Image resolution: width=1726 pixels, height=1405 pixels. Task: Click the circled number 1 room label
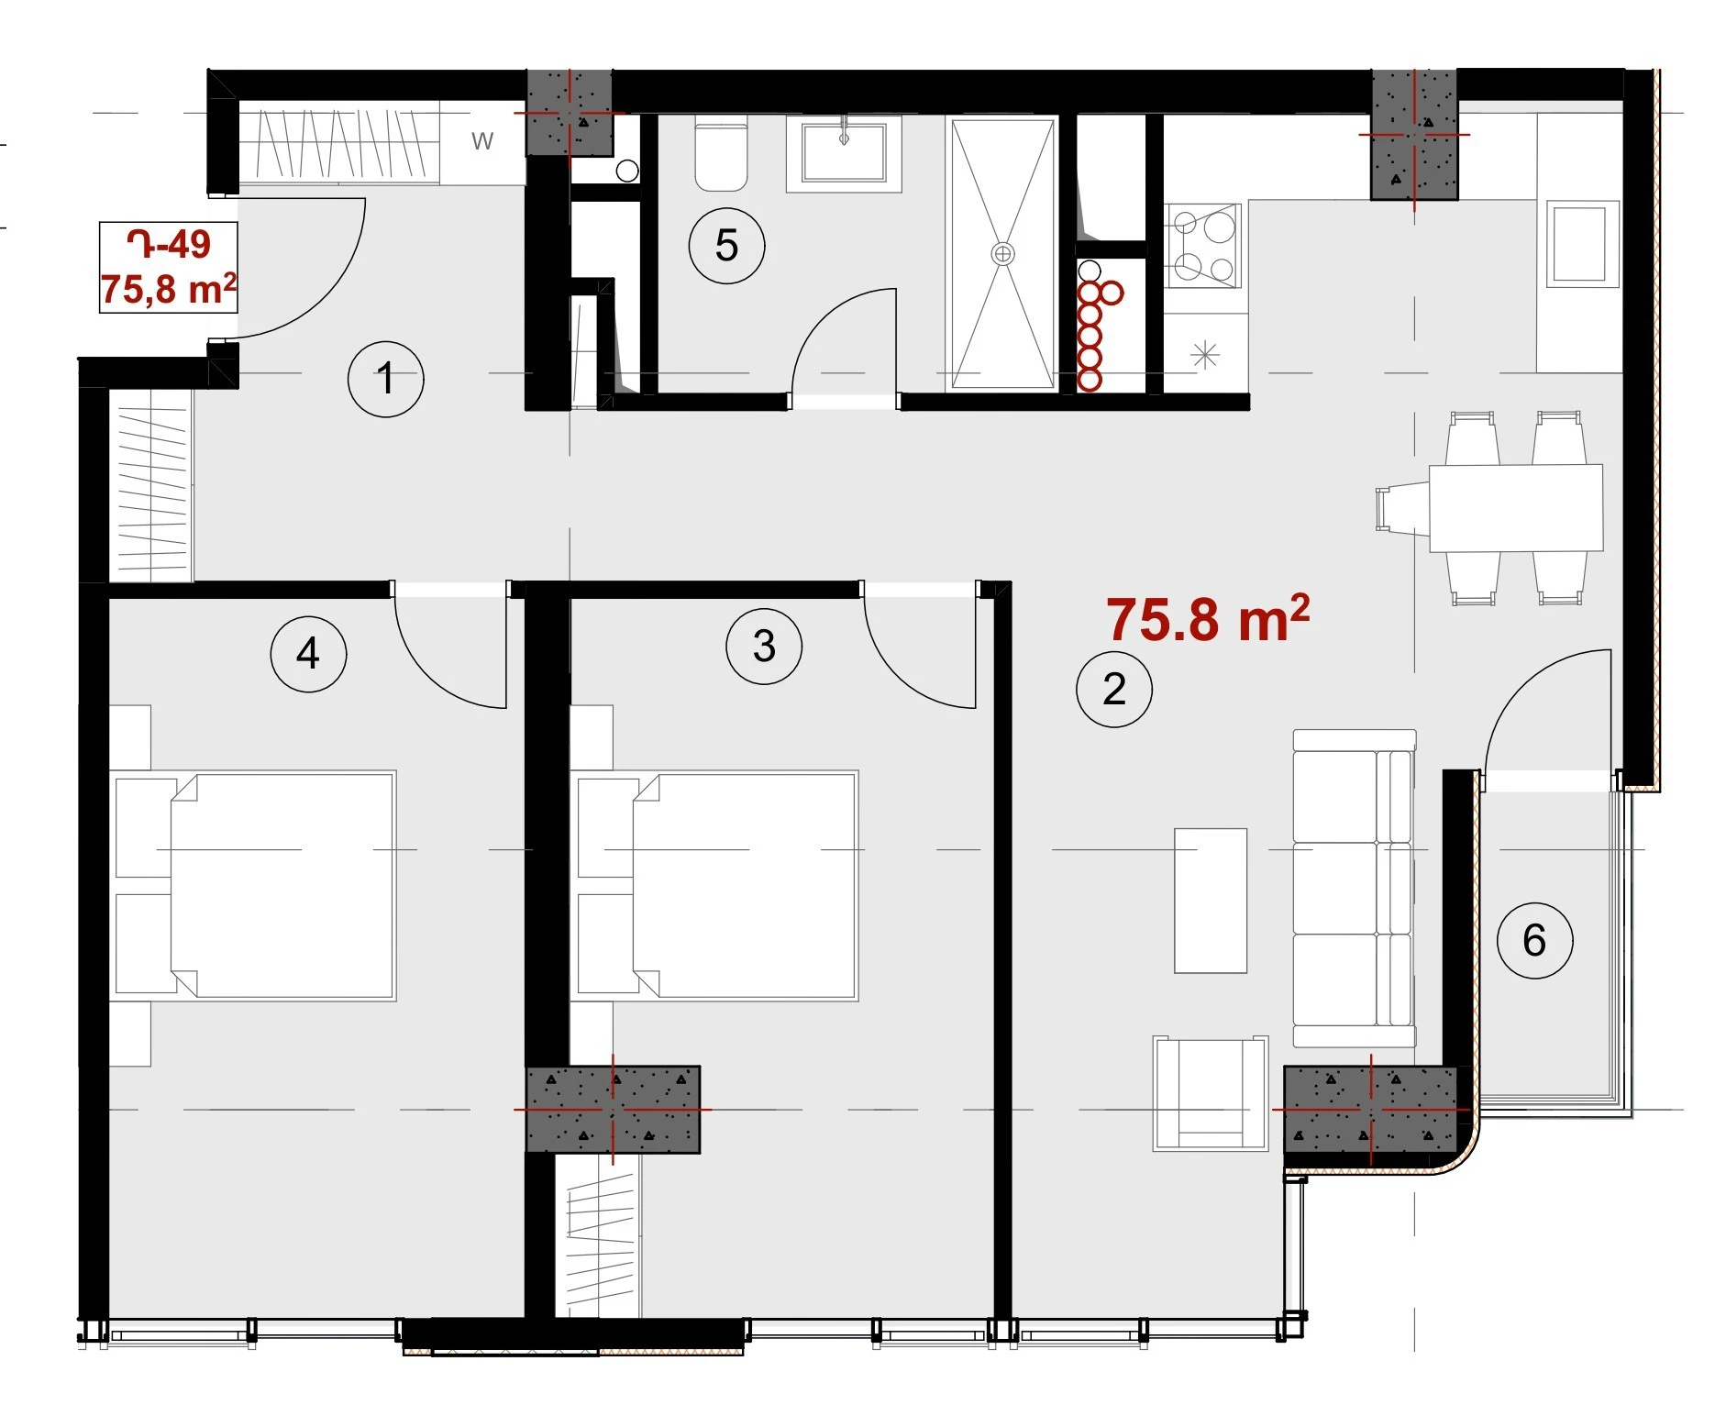click(385, 379)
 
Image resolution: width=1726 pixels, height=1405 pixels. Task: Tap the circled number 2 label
click(1113, 690)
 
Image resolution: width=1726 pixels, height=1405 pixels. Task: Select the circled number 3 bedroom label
click(764, 647)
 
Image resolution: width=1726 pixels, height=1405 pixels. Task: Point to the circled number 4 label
click(308, 654)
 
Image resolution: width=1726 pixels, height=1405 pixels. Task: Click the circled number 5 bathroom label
click(726, 246)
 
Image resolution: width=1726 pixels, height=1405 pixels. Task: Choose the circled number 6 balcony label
click(1534, 941)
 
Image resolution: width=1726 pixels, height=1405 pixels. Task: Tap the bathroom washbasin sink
click(844, 152)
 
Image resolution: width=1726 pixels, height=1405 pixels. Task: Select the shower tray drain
click(1002, 253)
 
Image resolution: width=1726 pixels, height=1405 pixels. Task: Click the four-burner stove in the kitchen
click(1203, 246)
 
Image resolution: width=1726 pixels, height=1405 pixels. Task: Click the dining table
click(1516, 508)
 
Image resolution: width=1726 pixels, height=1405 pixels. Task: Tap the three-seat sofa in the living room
click(1355, 888)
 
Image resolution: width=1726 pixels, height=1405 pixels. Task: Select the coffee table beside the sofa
click(1211, 901)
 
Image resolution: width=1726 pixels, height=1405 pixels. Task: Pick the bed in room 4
click(253, 885)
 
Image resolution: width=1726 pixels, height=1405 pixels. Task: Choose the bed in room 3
click(714, 885)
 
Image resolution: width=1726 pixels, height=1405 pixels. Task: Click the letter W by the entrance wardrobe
click(482, 141)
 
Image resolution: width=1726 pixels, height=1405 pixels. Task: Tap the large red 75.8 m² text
click(1208, 619)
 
